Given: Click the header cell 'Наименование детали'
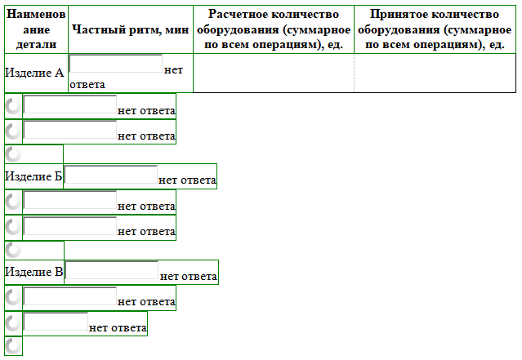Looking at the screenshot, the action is coord(36,29).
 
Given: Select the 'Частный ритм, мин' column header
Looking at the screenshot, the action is coord(131,29).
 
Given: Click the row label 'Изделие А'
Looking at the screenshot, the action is coord(34,73).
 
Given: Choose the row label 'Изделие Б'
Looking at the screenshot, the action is coord(33,176).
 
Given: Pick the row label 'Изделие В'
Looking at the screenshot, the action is coord(34,272).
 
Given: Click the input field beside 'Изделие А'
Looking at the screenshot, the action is coord(115,64).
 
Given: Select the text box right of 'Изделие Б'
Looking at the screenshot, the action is coord(111,175).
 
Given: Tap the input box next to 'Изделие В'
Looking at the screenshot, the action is coord(112,270).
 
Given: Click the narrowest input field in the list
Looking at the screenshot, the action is coord(56,322).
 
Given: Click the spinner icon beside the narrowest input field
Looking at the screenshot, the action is coord(13,323).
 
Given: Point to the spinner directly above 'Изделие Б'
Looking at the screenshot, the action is coord(13,154).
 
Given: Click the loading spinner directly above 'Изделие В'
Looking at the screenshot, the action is coord(13,250).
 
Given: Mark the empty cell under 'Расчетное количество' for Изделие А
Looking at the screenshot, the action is coord(274,73).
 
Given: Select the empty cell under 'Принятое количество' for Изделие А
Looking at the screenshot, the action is coord(435,73).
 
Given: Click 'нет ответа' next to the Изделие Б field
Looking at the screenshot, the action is coord(187,180).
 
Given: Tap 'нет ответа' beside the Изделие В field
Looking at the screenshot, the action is coord(189,276).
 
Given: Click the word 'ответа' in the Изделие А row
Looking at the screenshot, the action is coord(87,85).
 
